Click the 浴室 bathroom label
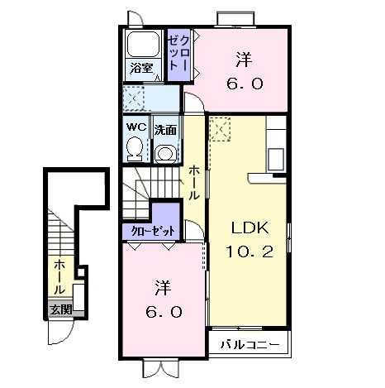click(141, 68)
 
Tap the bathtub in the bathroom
click(142, 44)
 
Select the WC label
click(136, 127)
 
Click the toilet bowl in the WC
click(135, 148)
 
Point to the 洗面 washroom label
click(165, 130)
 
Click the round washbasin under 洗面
click(165, 154)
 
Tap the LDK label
click(250, 228)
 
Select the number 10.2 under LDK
click(250, 251)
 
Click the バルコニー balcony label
click(250, 344)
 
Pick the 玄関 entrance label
click(61, 310)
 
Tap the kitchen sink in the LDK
click(276, 159)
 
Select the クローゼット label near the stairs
click(153, 231)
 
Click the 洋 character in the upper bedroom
click(244, 60)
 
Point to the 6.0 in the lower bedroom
click(164, 313)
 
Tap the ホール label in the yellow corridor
click(194, 183)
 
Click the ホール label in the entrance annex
click(59, 276)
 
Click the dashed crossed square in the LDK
click(220, 129)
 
